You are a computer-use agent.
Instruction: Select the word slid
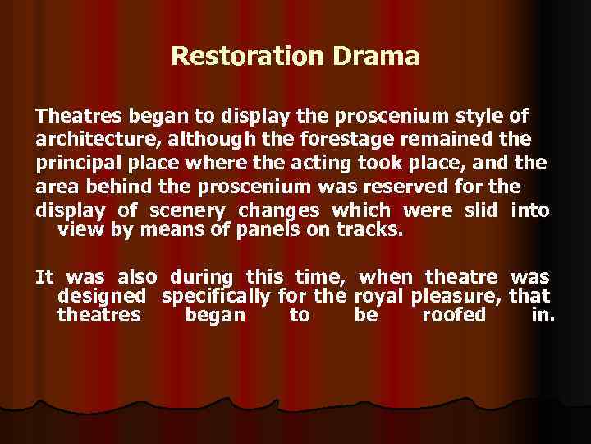point(481,210)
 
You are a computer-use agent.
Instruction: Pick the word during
point(203,278)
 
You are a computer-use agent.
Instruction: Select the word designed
point(103,296)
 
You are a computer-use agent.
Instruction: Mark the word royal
point(380,296)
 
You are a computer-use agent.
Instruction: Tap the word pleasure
point(457,296)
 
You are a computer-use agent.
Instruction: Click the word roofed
point(454,315)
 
